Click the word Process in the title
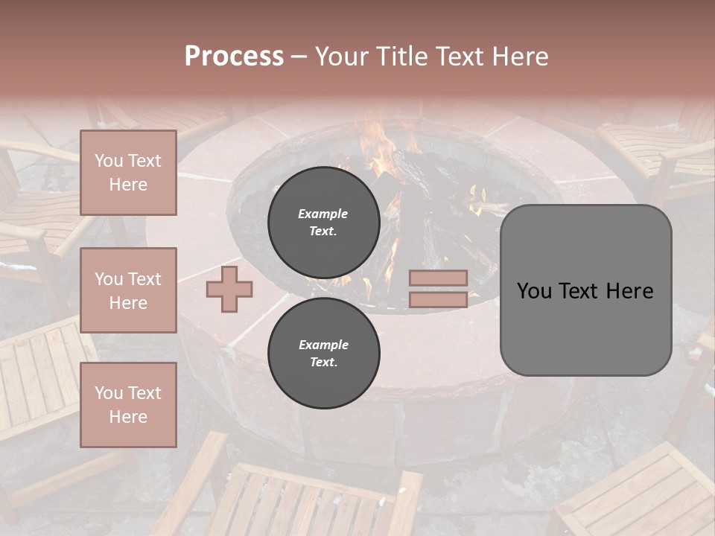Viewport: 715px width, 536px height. pyautogui.click(x=234, y=57)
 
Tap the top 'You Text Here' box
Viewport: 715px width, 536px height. pyautogui.click(x=128, y=173)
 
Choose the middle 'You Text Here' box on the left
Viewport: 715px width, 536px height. pyautogui.click(x=128, y=290)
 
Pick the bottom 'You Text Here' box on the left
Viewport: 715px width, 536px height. pyautogui.click(x=128, y=404)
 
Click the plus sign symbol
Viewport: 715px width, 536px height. pyautogui.click(x=229, y=289)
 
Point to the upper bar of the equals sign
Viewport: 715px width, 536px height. pyautogui.click(x=439, y=278)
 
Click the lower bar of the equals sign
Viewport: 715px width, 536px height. pyautogui.click(x=439, y=299)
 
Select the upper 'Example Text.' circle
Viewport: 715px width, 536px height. pyautogui.click(x=323, y=223)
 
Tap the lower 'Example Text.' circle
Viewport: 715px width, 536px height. pyautogui.click(x=323, y=354)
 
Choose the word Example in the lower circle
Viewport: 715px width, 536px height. pyautogui.click(x=323, y=345)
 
